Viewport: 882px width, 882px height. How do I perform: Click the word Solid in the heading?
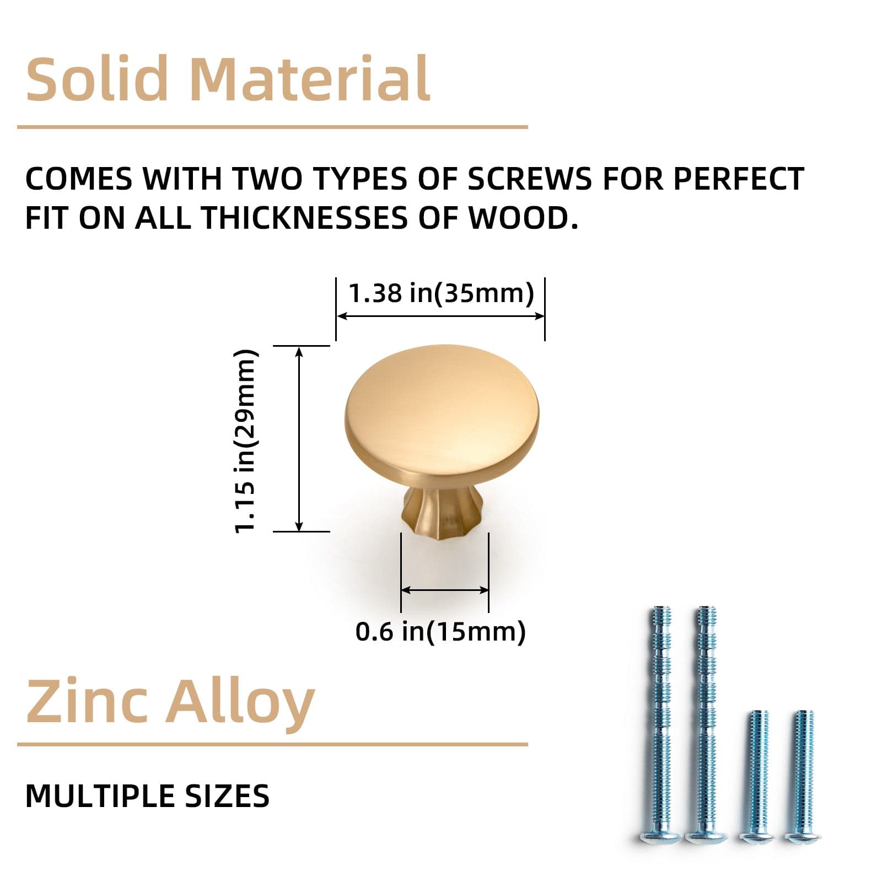point(97,78)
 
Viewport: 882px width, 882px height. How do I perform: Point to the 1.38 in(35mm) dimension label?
point(442,293)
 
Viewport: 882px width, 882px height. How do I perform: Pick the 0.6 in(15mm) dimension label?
point(440,632)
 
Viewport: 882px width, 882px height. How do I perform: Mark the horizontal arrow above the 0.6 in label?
point(444,590)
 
